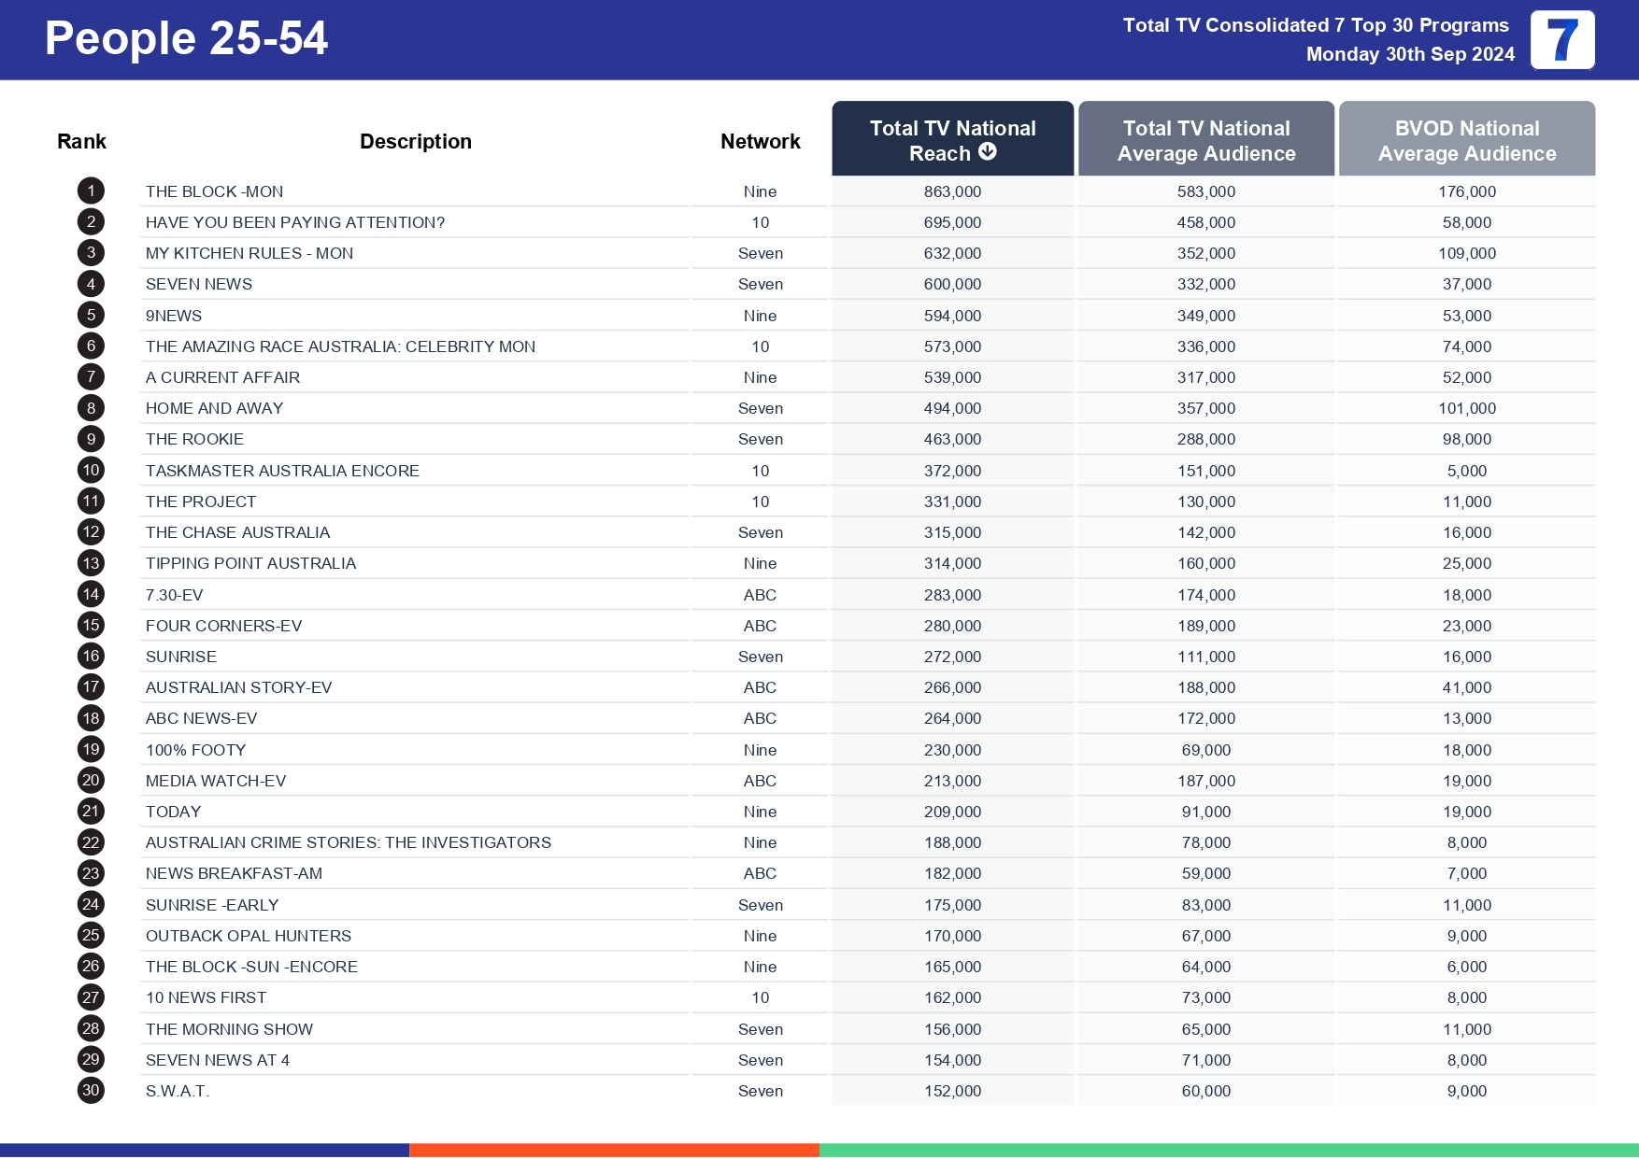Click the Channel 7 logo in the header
pos(1561,40)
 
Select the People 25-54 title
pos(186,39)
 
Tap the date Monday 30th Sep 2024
pos(1409,54)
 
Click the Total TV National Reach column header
pos(952,139)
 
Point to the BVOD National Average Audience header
pos(1466,140)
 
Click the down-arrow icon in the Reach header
pos(988,152)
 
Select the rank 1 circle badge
pos(91,191)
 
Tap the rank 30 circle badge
pos(91,1091)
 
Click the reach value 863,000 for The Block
pos(952,191)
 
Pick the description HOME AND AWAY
pos(214,408)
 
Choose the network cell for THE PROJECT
pos(760,502)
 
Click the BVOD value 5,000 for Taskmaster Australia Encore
pos(1466,471)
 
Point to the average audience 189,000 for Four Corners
pos(1205,626)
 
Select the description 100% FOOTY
pos(195,750)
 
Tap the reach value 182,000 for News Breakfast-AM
pos(952,873)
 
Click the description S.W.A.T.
pos(177,1091)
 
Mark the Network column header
pos(760,142)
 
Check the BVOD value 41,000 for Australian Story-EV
pos(1466,687)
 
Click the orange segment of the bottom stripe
pos(614,1150)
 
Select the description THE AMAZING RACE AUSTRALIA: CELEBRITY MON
pos(340,346)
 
